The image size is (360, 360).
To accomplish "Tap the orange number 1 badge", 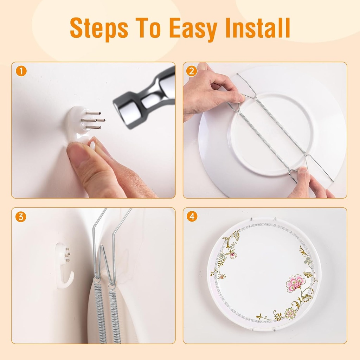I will (21, 71).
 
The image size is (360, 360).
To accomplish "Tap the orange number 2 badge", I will (192, 71).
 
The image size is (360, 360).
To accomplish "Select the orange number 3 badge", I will (21, 217).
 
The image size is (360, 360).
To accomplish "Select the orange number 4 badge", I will (192, 217).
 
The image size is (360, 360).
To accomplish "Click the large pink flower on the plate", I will (295, 283).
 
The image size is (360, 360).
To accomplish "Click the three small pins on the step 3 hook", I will (67, 255).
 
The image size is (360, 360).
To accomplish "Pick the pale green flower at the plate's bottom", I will (290, 313).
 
